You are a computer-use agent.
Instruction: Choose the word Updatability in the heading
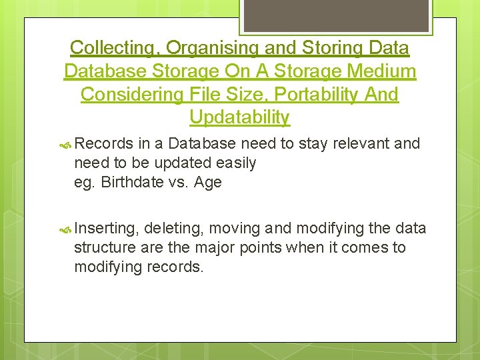[x=239, y=118]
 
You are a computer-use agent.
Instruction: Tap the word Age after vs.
[x=207, y=182]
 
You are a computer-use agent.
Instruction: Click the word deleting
[x=173, y=229]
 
